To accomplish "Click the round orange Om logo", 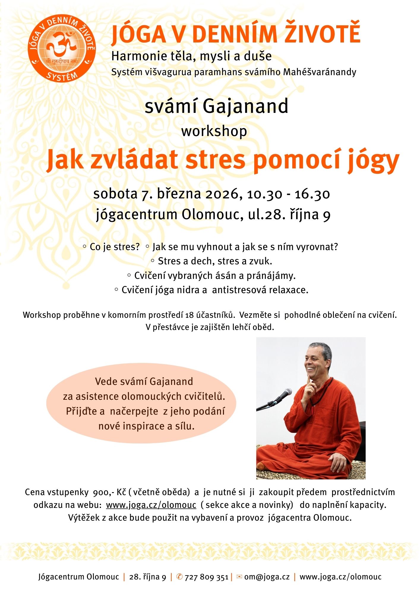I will (62, 49).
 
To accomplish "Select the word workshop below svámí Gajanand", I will (214, 131).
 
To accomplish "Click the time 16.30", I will (312, 194).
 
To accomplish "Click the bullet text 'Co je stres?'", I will (114, 247).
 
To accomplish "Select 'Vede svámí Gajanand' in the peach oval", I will (144, 382).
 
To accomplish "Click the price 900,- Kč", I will (109, 492).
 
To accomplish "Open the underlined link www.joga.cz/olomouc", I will (151, 505).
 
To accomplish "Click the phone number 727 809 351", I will (206, 577).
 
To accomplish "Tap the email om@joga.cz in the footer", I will (267, 577).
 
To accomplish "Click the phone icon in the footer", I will (179, 577).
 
